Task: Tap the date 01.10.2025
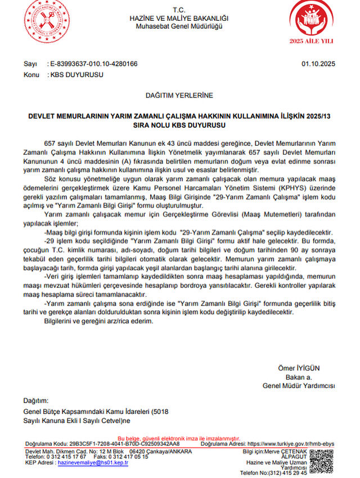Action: pyautogui.click(x=318, y=64)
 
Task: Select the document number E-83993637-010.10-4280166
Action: pyautogui.click(x=93, y=64)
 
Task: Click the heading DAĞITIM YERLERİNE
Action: pyautogui.click(x=179, y=96)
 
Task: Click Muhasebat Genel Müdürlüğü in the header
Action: pyautogui.click(x=179, y=26)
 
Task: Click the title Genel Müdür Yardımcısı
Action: pyautogui.click(x=298, y=386)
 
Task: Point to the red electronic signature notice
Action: pyautogui.click(x=179, y=438)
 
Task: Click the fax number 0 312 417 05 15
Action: pyautogui.click(x=129, y=457)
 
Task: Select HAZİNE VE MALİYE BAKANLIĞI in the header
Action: pyautogui.click(x=179, y=19)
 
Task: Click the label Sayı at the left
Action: pyautogui.click(x=30, y=64)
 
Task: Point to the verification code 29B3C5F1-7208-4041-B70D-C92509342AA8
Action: pyautogui.click(x=121, y=444)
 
